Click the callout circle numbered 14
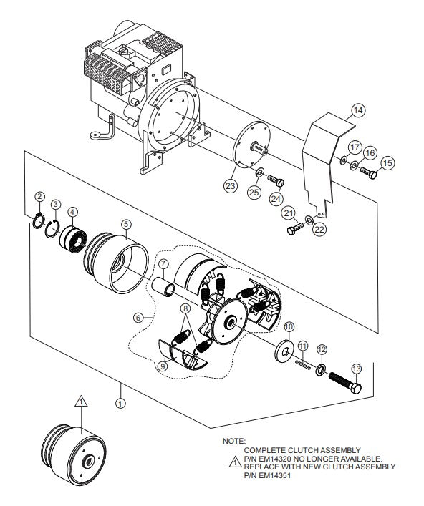[357, 110]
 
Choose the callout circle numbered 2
[40, 196]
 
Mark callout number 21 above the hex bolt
[289, 213]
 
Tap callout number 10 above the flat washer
[289, 327]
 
